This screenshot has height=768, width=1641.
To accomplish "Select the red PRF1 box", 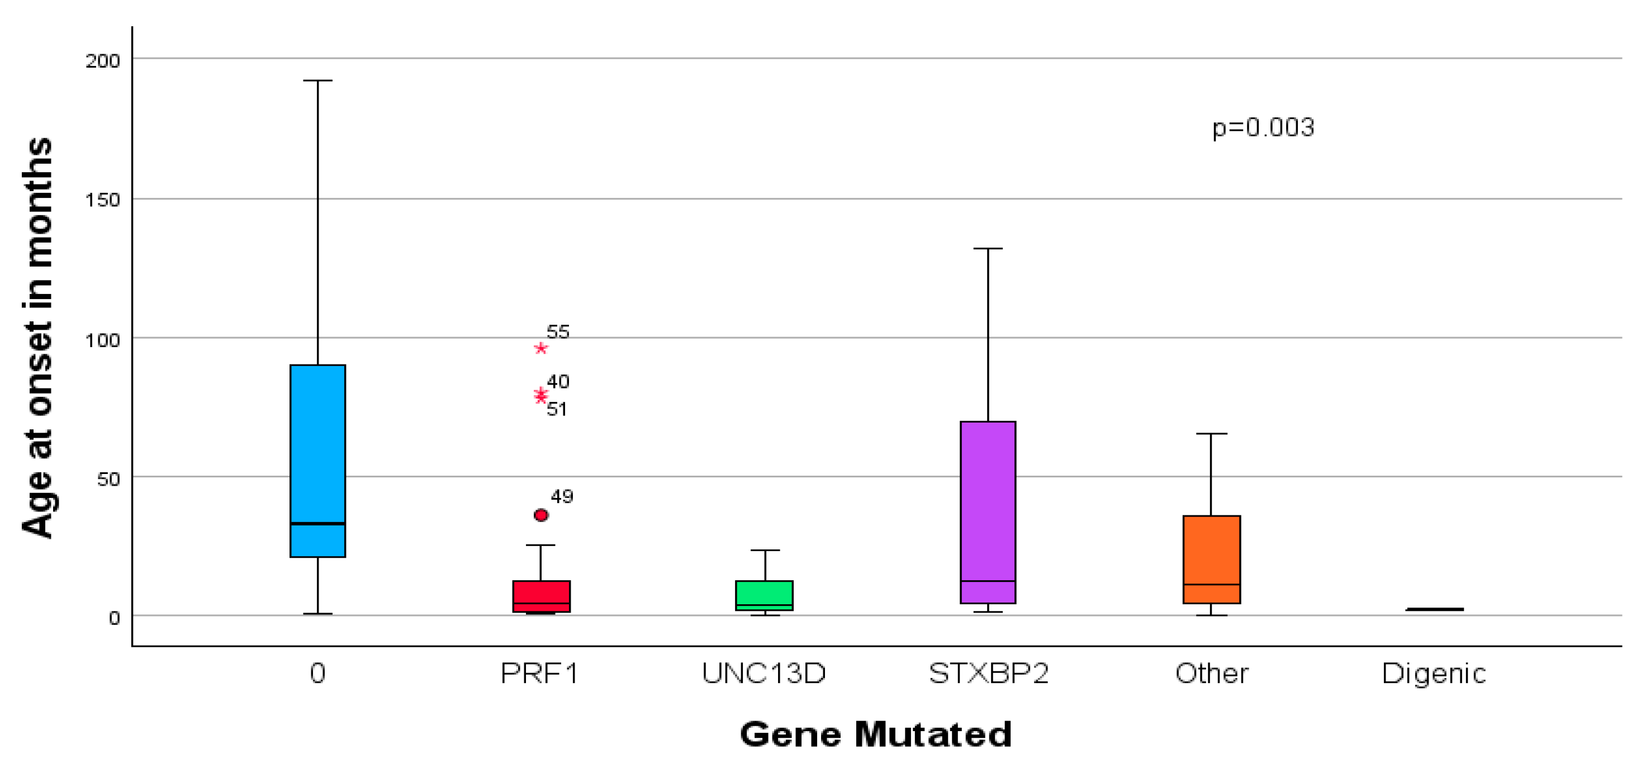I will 541,596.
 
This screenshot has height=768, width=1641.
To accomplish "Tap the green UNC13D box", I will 764,595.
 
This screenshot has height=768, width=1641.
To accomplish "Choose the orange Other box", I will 1211,558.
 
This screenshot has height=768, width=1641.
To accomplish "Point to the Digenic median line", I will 1435,609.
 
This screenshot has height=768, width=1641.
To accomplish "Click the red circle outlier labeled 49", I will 541,515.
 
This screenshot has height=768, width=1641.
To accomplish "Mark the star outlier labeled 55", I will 541,348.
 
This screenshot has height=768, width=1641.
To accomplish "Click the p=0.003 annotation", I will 1263,127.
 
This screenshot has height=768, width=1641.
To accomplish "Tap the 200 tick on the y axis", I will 103,60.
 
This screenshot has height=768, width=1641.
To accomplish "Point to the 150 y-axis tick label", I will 103,200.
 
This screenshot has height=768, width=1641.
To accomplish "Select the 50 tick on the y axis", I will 108,479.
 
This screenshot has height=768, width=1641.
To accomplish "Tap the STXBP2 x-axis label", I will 988,673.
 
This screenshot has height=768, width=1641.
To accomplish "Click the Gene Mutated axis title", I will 875,734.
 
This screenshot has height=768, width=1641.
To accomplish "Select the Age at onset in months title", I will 37,338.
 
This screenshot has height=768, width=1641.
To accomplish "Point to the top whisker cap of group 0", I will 317,81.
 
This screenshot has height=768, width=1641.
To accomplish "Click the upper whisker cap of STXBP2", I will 988,248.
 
